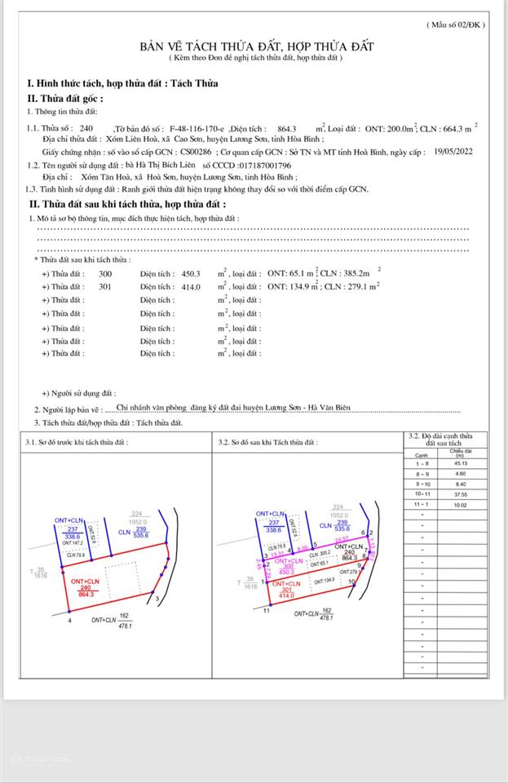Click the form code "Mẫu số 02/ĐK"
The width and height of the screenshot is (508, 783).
(x=456, y=25)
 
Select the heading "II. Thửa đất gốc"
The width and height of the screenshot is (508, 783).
(x=65, y=97)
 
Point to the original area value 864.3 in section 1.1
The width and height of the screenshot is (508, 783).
(x=289, y=129)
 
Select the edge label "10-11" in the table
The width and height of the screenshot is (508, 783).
(x=422, y=493)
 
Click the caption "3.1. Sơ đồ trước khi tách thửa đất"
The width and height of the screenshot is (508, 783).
(x=82, y=442)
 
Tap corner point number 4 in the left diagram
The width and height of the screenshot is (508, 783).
(x=69, y=621)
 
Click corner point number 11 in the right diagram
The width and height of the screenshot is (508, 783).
(x=267, y=610)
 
